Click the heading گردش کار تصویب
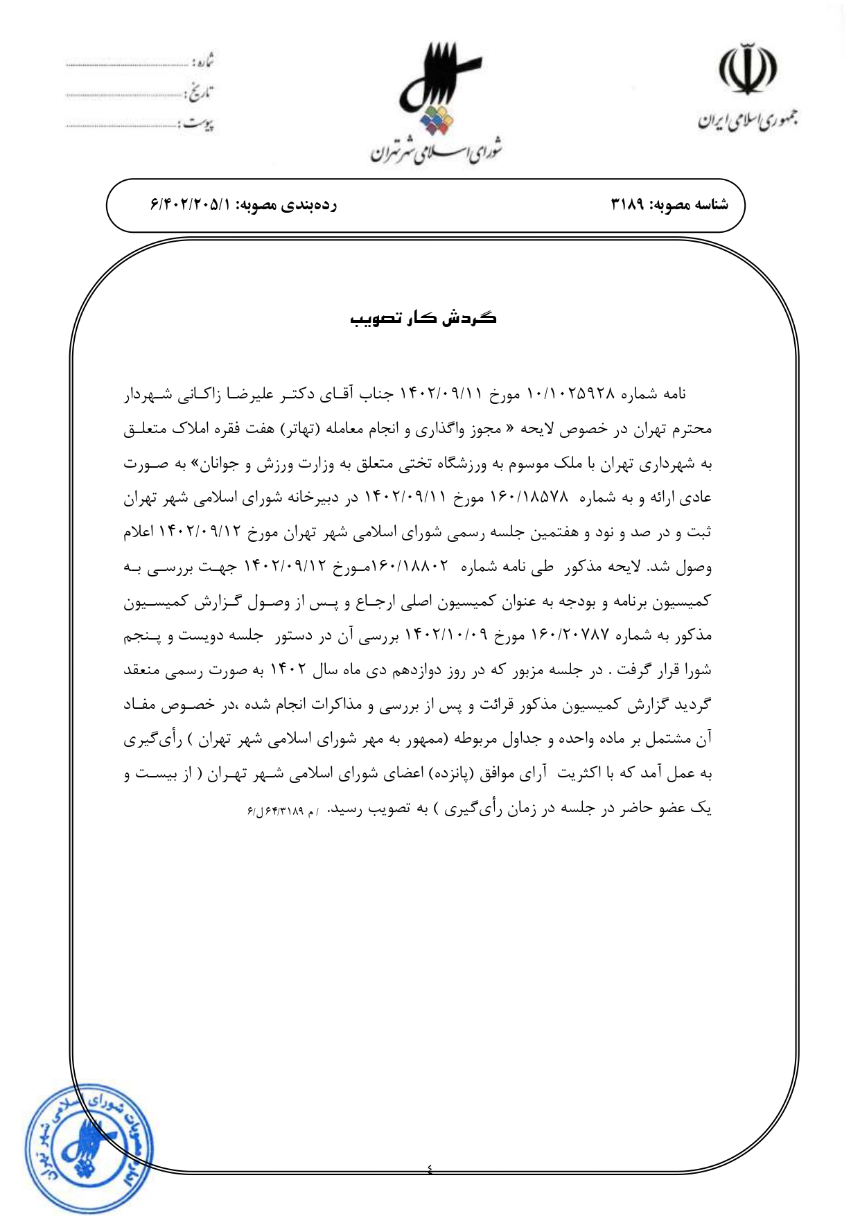pos(423,318)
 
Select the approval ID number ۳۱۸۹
pos(627,204)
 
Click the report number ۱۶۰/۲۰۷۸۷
pos(570,635)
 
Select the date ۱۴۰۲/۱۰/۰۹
pos(446,635)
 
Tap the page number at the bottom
pos(430,1170)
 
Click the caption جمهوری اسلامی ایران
pos(747,120)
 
